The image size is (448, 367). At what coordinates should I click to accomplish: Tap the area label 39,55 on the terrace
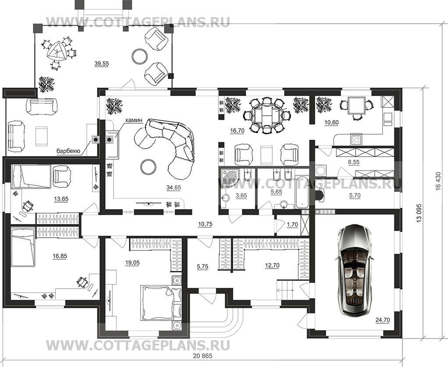click(101, 64)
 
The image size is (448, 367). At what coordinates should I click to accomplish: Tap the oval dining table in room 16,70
click(267, 115)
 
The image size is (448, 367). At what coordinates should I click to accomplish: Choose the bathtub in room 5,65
click(302, 192)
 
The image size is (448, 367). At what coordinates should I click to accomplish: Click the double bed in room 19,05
click(156, 302)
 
